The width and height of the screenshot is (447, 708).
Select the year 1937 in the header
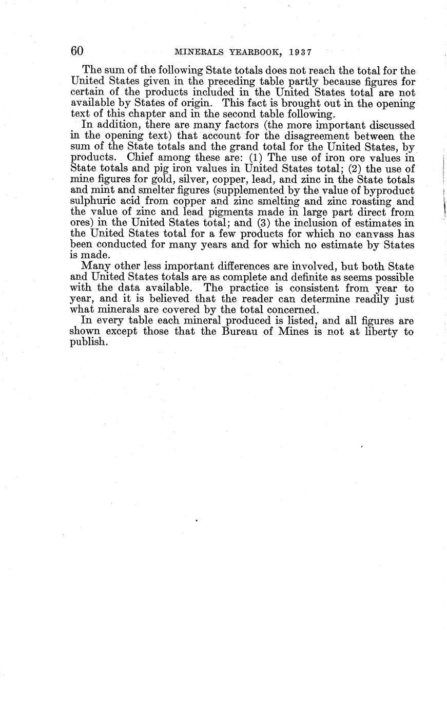click(297, 52)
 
